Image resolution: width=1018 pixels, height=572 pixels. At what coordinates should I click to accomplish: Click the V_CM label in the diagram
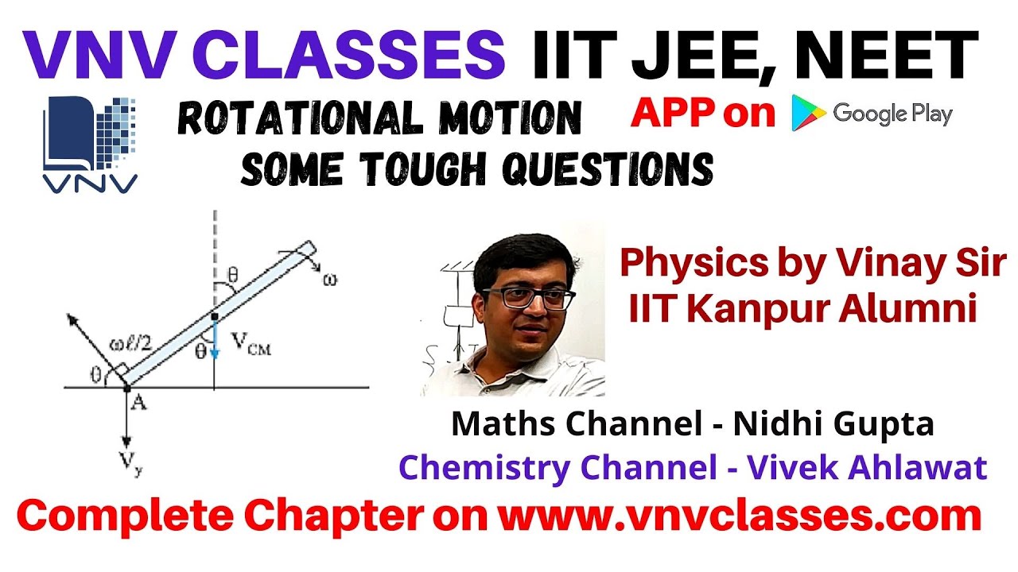pyautogui.click(x=250, y=344)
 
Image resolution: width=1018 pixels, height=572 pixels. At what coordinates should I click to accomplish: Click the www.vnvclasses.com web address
pyautogui.click(x=739, y=518)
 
